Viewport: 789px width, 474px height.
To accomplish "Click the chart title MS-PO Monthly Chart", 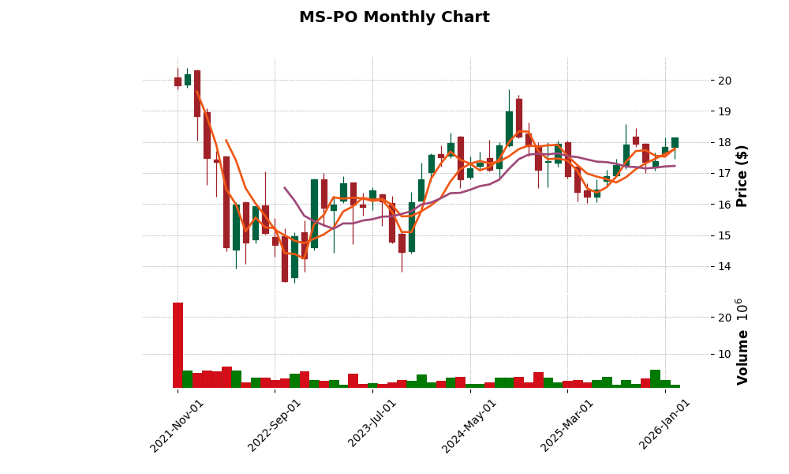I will (394, 17).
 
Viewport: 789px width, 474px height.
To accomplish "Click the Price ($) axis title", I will (742, 175).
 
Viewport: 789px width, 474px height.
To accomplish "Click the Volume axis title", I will (742, 341).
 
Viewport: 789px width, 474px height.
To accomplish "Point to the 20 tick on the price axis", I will (725, 81).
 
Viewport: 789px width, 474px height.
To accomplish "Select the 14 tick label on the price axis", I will (725, 267).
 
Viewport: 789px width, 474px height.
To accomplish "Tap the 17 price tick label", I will (725, 174).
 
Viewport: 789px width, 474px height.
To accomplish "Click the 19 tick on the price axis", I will (725, 111).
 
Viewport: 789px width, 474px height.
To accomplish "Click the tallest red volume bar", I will (178, 345).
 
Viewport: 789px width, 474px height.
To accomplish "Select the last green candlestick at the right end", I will (675, 142).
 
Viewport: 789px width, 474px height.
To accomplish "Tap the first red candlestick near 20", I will (178, 81).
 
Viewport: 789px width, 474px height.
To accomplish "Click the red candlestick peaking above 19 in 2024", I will (518, 116).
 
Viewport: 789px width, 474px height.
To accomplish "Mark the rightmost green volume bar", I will (675, 386).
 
